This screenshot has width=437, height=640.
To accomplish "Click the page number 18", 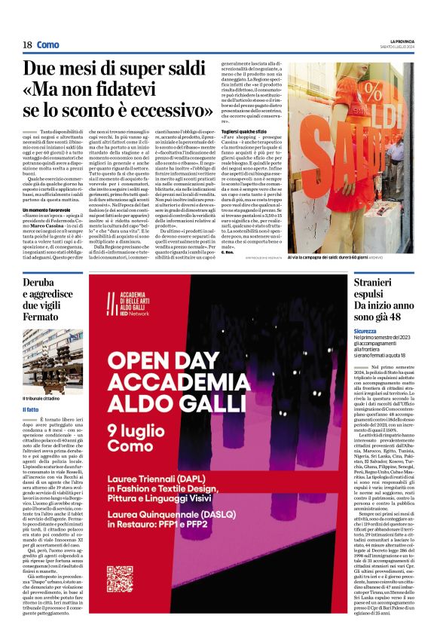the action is [27, 44].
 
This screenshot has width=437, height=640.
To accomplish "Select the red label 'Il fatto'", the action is [31, 410].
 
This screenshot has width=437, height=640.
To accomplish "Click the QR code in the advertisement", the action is [120, 577].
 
